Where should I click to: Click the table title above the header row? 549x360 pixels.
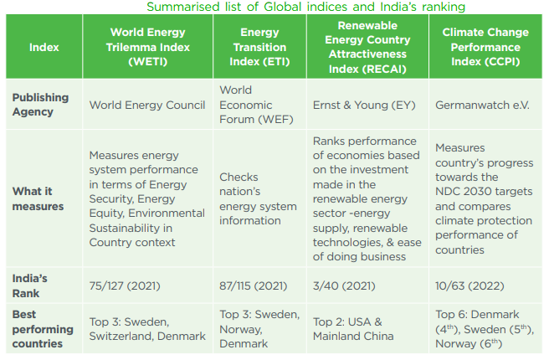(305, 7)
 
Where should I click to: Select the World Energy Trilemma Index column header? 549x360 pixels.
(148, 47)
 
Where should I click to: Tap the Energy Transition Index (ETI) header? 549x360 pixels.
(259, 47)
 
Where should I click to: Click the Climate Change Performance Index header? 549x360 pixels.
(485, 47)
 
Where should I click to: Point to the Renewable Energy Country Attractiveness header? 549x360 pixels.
(367, 47)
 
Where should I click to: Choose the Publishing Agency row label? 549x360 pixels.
(40, 105)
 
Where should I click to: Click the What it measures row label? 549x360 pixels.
(38, 198)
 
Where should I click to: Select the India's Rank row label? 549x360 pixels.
(30, 285)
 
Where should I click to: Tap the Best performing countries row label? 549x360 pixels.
(43, 329)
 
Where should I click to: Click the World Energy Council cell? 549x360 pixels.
(147, 105)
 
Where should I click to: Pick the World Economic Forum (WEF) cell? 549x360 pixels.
(256, 105)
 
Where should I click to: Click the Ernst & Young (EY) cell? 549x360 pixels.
(364, 105)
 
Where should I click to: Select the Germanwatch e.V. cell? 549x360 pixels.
(482, 105)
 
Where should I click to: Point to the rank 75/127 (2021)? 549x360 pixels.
(125, 285)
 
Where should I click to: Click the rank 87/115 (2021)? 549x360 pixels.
(253, 285)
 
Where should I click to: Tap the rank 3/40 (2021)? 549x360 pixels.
(344, 285)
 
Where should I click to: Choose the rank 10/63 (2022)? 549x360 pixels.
(469, 285)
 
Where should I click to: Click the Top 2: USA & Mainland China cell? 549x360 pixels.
(353, 329)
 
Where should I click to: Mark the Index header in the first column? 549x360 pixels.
(44, 47)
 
